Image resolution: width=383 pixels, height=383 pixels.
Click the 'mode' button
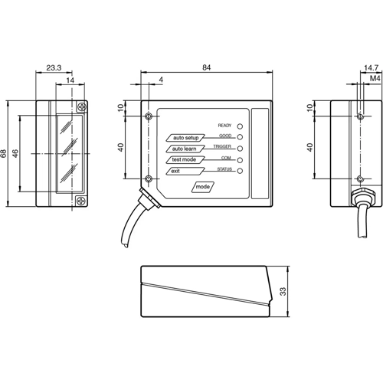point(202,187)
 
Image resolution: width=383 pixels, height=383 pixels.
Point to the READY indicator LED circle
point(240,125)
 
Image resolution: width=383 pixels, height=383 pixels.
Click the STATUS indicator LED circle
point(240,171)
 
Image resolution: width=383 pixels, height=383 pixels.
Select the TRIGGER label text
point(223,145)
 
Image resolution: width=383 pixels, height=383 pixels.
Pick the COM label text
point(226,156)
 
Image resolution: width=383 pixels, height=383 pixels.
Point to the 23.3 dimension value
point(54,69)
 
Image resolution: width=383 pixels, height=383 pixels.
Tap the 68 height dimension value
point(5,153)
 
